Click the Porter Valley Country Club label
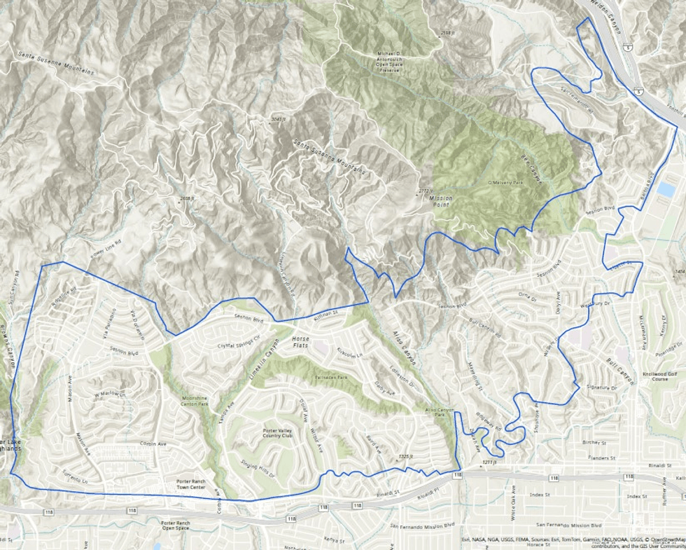click(x=276, y=432)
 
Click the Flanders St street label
click(x=601, y=458)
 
